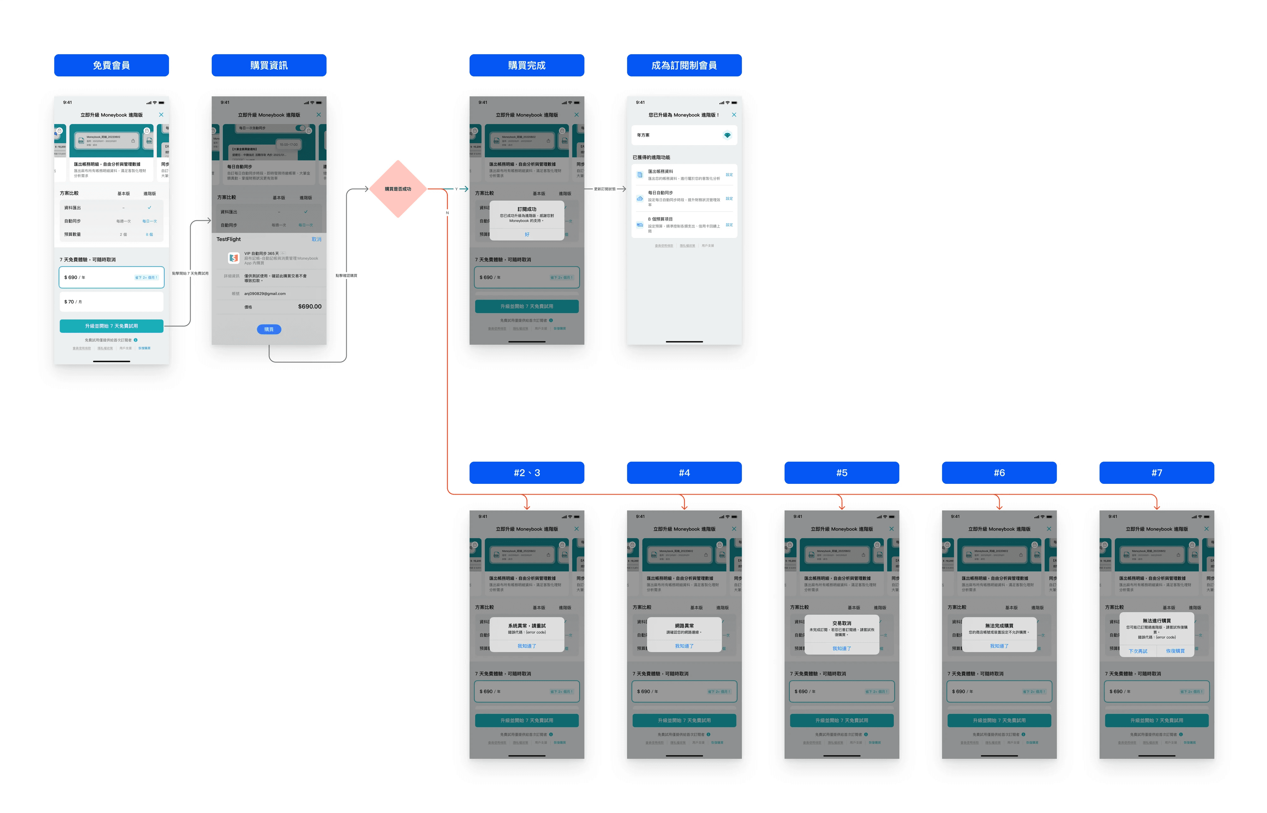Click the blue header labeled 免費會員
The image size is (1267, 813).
coord(111,65)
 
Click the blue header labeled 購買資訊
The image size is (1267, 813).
coord(269,65)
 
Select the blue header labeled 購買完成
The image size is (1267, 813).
coord(527,65)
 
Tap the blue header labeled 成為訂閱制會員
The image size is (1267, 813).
coord(684,65)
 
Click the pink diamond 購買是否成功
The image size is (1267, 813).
coord(398,189)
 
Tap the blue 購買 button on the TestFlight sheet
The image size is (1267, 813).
coord(269,329)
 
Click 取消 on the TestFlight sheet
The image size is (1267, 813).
coord(316,240)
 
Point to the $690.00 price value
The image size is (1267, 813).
coord(309,307)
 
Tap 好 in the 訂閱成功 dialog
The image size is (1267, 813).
coord(527,234)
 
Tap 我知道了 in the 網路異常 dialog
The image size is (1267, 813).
coord(684,646)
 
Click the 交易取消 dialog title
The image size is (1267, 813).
coord(841,623)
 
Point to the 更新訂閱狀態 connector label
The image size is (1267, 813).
coord(605,189)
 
